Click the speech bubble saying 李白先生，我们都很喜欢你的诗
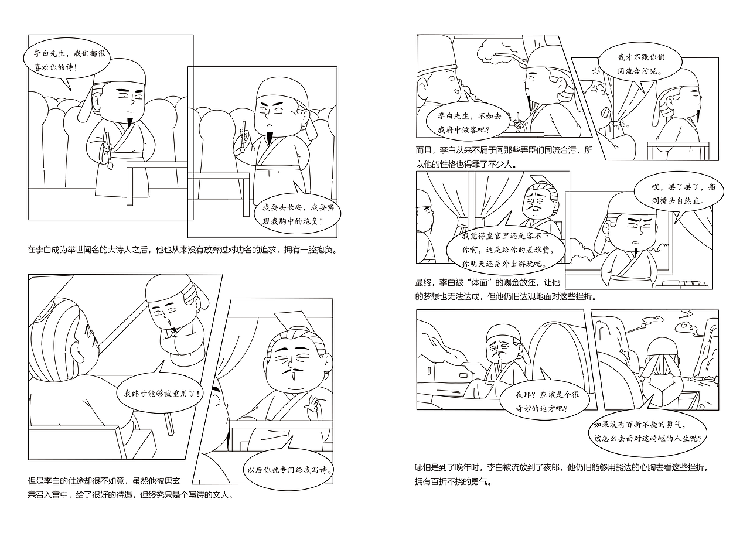click(64, 59)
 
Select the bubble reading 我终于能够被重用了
click(162, 393)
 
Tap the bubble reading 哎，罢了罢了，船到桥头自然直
click(679, 194)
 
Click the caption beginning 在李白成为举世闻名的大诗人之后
click(183, 250)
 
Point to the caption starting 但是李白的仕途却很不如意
click(131, 487)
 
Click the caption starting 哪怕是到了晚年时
click(561, 474)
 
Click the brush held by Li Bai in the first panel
click(108, 151)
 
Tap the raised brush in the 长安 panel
click(243, 136)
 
